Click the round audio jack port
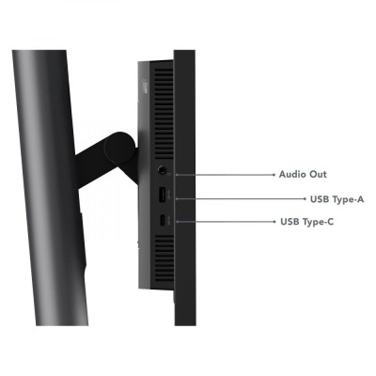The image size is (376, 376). [162, 170]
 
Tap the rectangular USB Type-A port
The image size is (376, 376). [162, 196]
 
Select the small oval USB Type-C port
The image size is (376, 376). [162, 221]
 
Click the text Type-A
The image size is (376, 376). [349, 199]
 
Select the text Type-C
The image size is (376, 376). [319, 222]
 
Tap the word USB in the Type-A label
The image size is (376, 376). [320, 199]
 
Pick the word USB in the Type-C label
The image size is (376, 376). [290, 222]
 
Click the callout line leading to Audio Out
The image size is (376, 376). [225, 175]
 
